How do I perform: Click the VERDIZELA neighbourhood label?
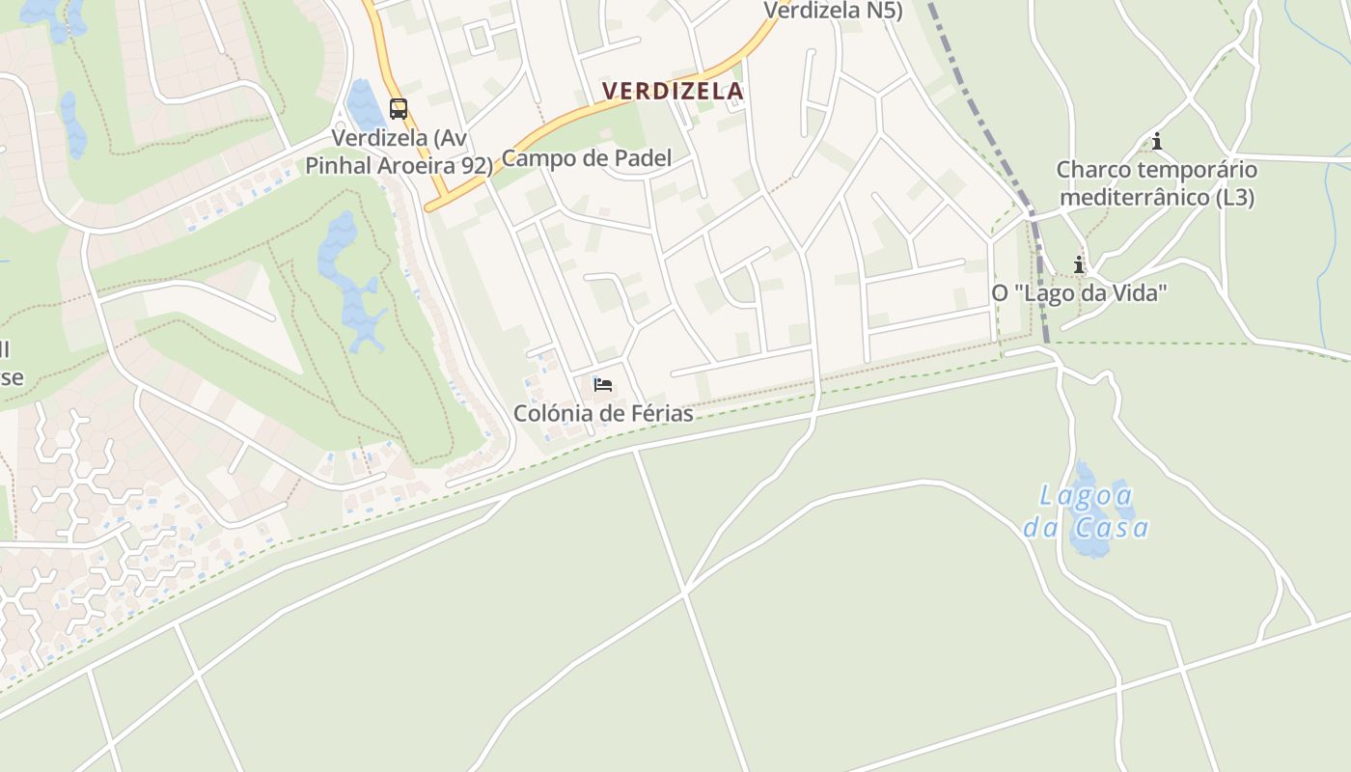pyautogui.click(x=673, y=92)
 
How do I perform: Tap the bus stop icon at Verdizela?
pyautogui.click(x=399, y=109)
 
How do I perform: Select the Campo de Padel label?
pyautogui.click(x=587, y=158)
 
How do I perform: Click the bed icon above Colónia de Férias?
pyautogui.click(x=603, y=385)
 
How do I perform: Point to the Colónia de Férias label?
pyautogui.click(x=603, y=414)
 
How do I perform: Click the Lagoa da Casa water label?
pyautogui.click(x=1087, y=511)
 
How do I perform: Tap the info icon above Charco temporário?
pyautogui.click(x=1156, y=143)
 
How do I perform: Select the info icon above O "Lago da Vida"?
pyautogui.click(x=1079, y=264)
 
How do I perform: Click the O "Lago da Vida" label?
pyautogui.click(x=1079, y=292)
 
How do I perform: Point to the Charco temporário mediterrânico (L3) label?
pyautogui.click(x=1156, y=183)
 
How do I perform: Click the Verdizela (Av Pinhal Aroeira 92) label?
pyautogui.click(x=400, y=152)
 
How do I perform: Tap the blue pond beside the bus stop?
pyautogui.click(x=364, y=106)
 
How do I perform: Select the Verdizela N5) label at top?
pyautogui.click(x=833, y=10)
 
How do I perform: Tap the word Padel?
pyautogui.click(x=641, y=158)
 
